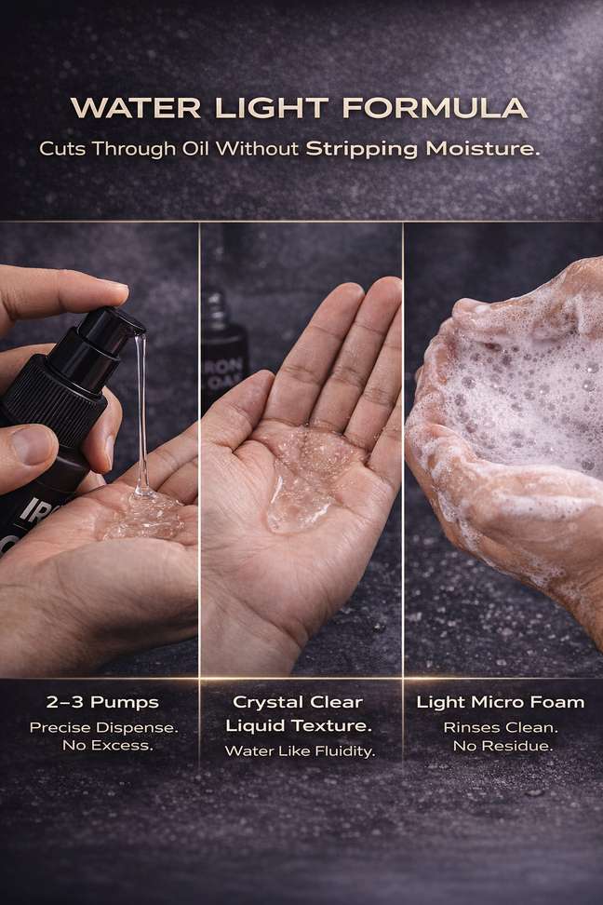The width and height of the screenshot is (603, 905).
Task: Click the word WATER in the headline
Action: point(136,108)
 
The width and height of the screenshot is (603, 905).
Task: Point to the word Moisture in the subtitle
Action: point(482,149)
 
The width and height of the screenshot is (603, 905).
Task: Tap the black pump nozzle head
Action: point(114,327)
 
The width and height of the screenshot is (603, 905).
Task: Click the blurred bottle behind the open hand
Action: point(225,341)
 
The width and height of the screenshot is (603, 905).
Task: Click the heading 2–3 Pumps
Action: point(102,702)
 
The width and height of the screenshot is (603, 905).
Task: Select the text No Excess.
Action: point(108,746)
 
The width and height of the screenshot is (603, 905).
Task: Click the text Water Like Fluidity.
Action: point(300,750)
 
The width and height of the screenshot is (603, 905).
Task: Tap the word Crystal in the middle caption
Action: point(262,703)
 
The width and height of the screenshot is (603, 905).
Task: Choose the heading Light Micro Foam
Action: point(501,702)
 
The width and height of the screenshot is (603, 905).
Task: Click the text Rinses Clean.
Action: point(501,728)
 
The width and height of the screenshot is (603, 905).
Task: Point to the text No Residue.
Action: point(502,747)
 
